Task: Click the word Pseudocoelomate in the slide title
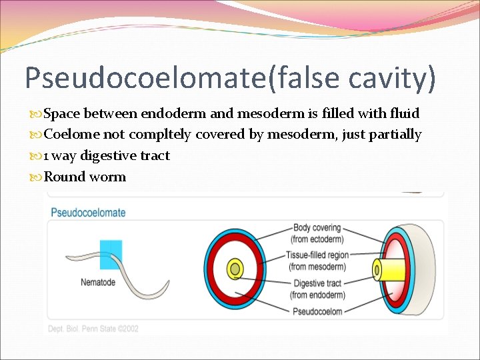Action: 140,78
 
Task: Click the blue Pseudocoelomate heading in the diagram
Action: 89,213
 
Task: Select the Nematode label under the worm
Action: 98,282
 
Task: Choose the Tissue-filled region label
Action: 317,255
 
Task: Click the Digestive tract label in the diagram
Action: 317,283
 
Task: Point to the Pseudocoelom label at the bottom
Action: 317,311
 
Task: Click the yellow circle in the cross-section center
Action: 235,269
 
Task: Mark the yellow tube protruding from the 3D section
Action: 387,269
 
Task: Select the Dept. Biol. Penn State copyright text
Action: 93,328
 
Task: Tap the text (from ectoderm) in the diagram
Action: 317,239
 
